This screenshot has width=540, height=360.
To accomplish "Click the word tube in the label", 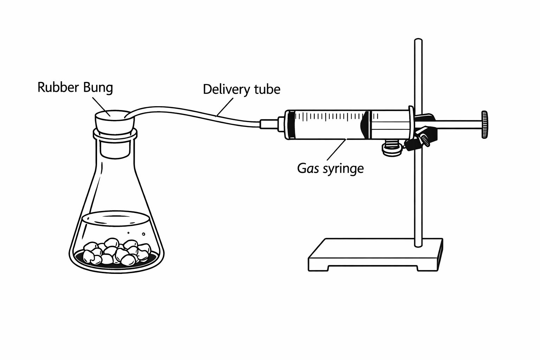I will [x=266, y=89].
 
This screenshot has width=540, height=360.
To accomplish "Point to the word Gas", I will [x=308, y=168].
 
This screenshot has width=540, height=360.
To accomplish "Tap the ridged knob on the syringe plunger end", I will [x=484, y=125].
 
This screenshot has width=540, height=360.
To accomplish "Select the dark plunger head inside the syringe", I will [x=365, y=125].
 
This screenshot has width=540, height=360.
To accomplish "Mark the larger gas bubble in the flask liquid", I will [x=143, y=234].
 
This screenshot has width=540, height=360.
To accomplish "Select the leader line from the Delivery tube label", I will [x=225, y=107].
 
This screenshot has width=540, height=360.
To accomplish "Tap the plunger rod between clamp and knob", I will [x=457, y=124].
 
